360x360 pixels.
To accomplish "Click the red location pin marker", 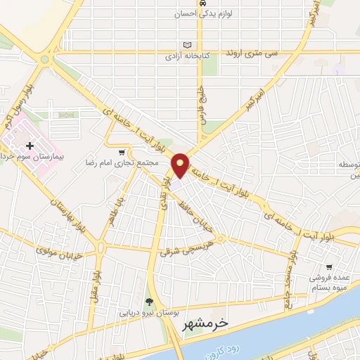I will click(x=180, y=165).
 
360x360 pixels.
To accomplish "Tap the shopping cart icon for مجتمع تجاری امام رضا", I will click(x=122, y=152).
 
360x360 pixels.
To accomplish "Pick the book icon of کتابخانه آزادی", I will click(x=186, y=44).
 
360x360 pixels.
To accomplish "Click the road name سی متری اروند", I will click(x=252, y=53).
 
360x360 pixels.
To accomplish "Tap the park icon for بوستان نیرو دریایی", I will click(x=148, y=302).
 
